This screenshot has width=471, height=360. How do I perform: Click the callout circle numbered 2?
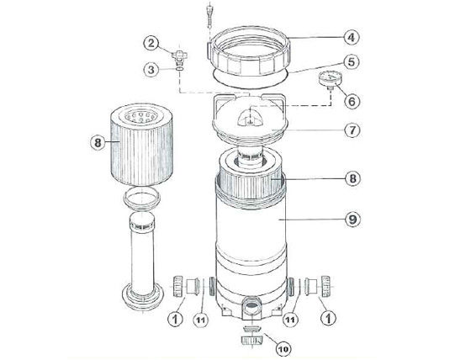pyautogui.click(x=151, y=42)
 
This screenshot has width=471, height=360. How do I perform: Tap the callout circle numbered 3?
pyautogui.click(x=151, y=71)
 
